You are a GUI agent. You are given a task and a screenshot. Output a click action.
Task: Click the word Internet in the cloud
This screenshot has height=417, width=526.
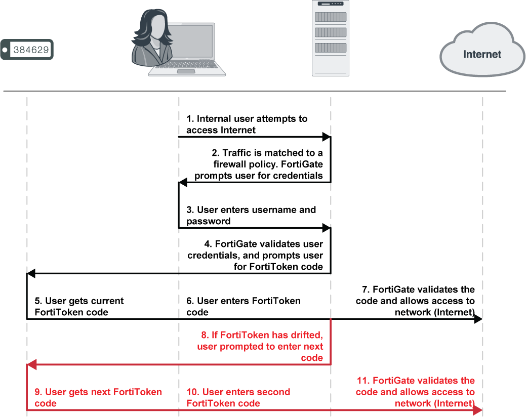(x=482, y=54)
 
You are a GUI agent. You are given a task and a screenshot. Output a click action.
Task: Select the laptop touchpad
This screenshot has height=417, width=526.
(x=186, y=71)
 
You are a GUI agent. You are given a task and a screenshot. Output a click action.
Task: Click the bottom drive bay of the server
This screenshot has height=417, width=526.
(x=331, y=48)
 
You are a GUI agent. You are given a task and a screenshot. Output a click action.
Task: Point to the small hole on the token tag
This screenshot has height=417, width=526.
(x=5, y=50)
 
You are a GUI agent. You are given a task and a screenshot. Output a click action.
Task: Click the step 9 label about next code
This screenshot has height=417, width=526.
(x=98, y=397)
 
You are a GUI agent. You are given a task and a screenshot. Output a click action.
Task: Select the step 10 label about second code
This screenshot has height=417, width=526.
(x=238, y=397)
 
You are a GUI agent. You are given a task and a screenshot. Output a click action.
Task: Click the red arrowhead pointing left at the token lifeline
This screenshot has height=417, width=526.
(x=31, y=364)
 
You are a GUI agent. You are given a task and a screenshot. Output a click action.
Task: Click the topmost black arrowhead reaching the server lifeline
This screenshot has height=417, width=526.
(x=327, y=137)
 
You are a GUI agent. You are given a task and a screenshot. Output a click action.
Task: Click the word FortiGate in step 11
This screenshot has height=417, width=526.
(x=393, y=381)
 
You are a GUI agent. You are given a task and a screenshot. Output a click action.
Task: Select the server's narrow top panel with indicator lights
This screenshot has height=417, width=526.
(x=331, y=5)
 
